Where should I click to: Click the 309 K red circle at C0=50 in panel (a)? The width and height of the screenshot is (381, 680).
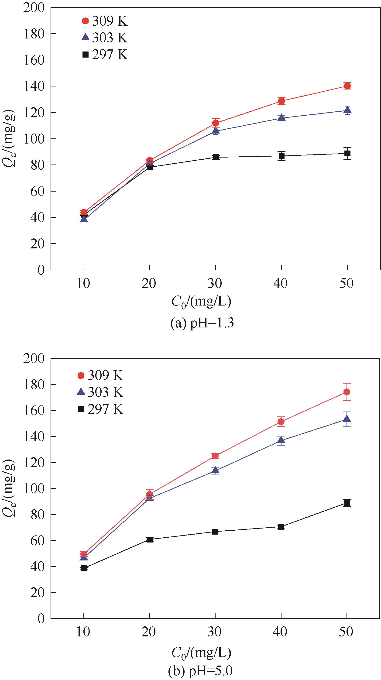coord(347,86)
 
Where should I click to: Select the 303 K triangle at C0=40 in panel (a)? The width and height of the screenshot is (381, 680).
coord(281,118)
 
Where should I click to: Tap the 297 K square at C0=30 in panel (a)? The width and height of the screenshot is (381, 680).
coord(216,157)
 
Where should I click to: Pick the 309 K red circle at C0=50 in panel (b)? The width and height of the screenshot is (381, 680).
coord(347,392)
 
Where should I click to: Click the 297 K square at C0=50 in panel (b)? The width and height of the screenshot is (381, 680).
coord(347,503)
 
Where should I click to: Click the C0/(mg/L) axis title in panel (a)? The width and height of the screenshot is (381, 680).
coord(201,302)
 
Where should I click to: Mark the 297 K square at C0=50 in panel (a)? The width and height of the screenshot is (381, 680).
coord(347,153)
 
